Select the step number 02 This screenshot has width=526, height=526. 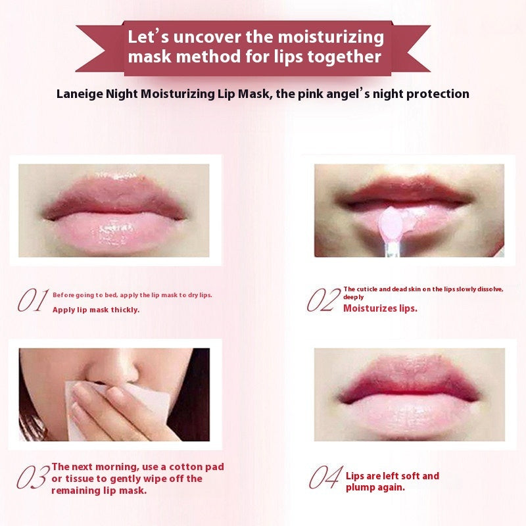(x=323, y=300)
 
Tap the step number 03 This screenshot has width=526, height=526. (x=33, y=477)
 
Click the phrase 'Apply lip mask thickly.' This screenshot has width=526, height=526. (x=96, y=310)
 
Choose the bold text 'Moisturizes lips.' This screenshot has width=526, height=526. (x=380, y=308)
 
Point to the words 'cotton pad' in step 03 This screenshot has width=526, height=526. (x=197, y=467)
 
